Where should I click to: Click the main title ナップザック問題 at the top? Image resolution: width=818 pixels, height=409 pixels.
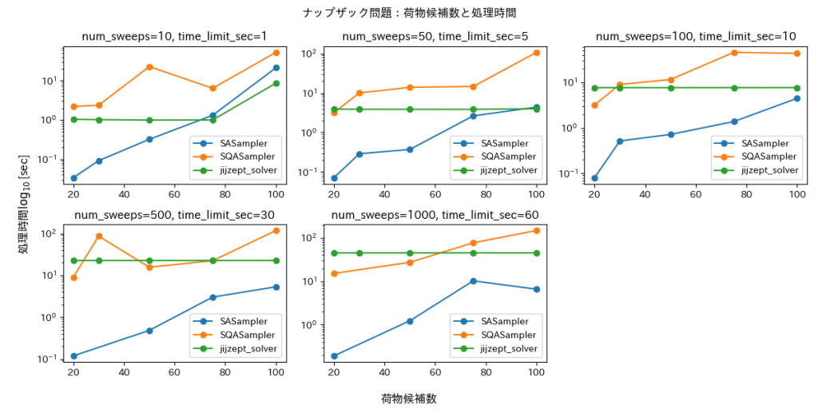409,13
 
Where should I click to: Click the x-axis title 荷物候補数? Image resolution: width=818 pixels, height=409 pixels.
409,398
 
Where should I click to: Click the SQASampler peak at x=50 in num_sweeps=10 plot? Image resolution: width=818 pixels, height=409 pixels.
149,66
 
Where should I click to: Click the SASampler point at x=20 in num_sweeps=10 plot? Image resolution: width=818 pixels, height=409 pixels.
73,178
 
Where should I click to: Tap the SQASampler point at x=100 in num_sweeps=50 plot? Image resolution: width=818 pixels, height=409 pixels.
536,53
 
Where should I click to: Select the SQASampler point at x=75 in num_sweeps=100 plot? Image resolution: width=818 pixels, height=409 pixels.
734,53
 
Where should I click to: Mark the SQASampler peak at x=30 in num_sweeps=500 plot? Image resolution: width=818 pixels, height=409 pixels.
99,236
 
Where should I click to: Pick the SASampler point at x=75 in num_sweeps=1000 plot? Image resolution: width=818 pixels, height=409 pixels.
473,280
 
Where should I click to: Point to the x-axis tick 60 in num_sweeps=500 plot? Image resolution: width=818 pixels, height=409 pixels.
174,372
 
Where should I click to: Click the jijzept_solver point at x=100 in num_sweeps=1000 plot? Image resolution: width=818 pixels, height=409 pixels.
536,253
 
